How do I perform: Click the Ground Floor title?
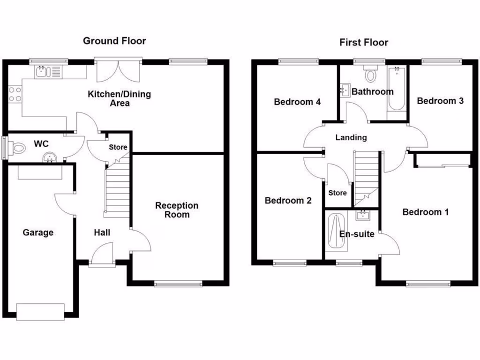[x=114, y=41]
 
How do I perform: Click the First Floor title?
[x=364, y=43]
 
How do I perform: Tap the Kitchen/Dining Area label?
[x=120, y=98]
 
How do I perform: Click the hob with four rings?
[x=15, y=93]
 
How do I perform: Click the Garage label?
[x=38, y=232]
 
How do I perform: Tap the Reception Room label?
[x=177, y=210]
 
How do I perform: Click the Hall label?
[x=102, y=232]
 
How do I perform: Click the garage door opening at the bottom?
[x=40, y=311]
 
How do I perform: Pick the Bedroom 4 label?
[x=297, y=102]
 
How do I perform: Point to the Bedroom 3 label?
[x=440, y=101]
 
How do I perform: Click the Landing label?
[x=351, y=138]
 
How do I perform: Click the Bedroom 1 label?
[x=425, y=212]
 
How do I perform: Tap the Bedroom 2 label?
[x=288, y=201]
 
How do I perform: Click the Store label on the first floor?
[x=337, y=193]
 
